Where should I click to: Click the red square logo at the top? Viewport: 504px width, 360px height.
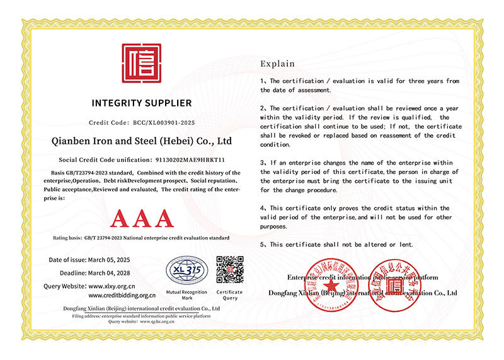[141, 63]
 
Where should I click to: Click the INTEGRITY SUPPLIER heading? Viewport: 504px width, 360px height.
[141, 103]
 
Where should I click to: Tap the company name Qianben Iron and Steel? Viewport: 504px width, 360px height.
[140, 141]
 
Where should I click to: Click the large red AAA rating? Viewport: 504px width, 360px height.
[141, 218]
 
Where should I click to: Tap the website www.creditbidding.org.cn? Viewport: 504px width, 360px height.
[122, 294]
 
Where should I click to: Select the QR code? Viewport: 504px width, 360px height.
[230, 269]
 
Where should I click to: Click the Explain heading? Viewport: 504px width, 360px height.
[277, 64]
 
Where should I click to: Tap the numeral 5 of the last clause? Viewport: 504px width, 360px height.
[263, 244]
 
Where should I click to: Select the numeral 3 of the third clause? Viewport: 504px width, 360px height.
[263, 163]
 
